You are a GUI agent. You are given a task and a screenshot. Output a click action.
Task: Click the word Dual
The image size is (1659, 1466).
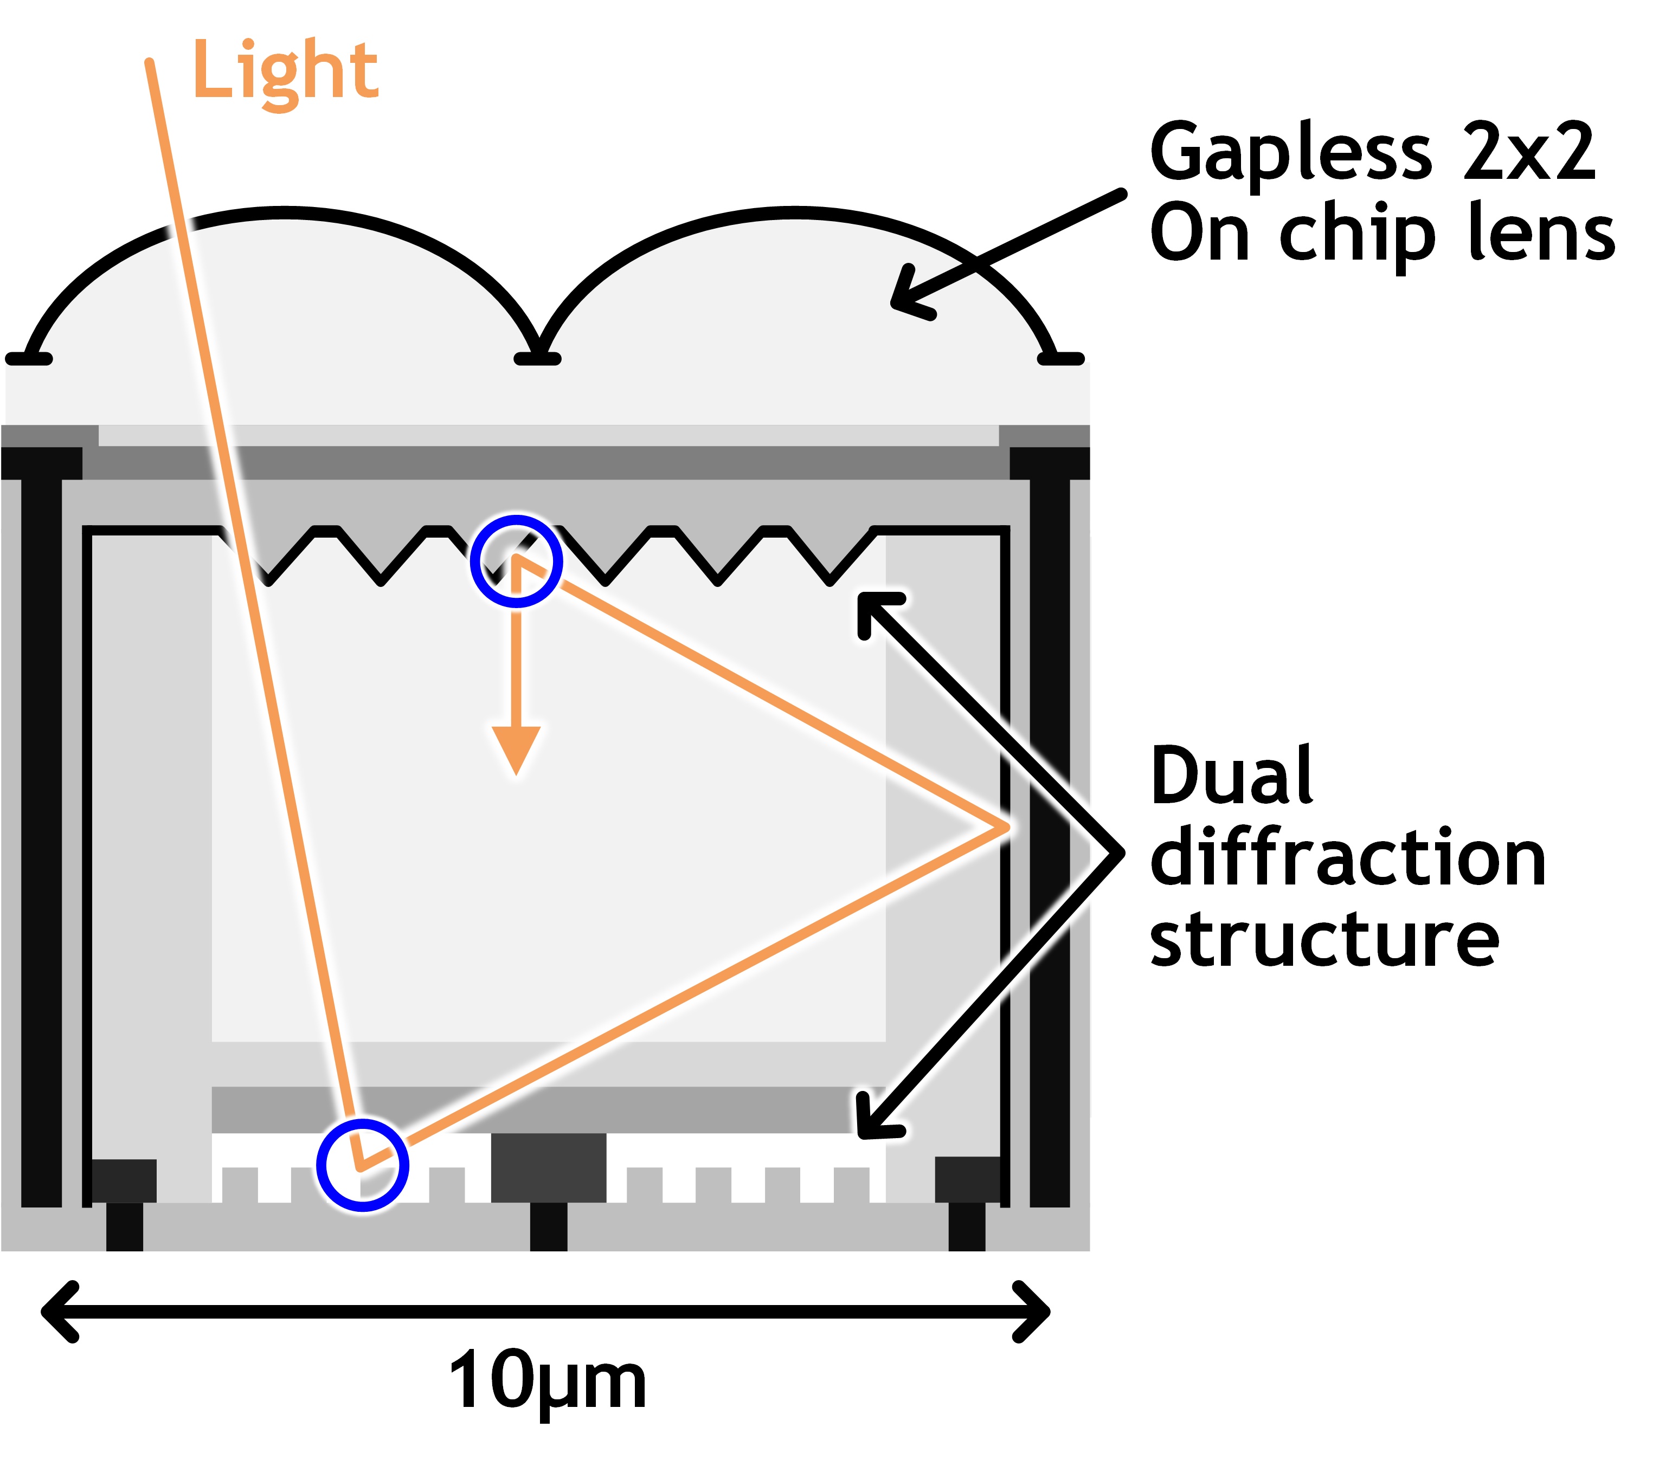1231,777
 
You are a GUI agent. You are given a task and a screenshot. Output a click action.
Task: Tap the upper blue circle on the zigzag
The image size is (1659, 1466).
516,560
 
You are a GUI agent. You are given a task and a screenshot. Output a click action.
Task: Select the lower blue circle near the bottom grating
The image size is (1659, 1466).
362,1165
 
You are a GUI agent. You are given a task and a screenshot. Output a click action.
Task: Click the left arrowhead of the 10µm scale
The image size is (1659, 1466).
57,1312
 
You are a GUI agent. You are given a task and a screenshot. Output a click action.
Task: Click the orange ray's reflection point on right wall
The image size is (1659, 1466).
1003,828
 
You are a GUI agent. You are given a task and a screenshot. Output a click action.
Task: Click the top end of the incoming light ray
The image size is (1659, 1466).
149,63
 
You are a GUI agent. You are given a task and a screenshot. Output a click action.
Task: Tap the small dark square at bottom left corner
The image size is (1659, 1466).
124,1180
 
